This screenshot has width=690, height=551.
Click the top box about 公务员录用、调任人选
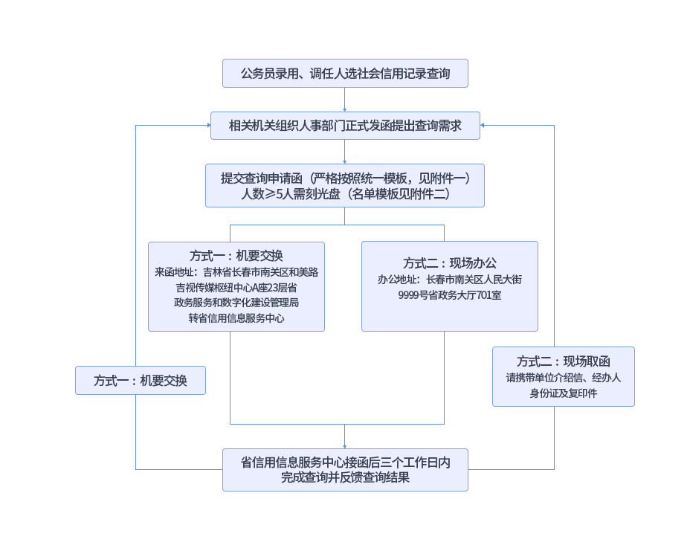tap(345, 74)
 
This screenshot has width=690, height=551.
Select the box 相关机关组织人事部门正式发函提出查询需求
tap(345, 126)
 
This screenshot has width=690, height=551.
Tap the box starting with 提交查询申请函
tap(345, 185)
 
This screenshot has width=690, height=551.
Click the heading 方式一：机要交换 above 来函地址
tap(236, 255)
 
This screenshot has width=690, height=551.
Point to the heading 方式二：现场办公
tap(449, 263)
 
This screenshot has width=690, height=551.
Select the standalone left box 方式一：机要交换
tap(140, 381)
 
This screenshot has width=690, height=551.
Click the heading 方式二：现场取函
tap(563, 361)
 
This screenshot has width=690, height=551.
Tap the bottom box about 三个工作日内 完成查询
tap(345, 469)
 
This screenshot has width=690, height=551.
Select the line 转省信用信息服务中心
tap(236, 318)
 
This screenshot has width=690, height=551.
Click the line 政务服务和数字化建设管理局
tap(236, 303)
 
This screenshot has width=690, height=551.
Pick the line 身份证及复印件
tap(563, 393)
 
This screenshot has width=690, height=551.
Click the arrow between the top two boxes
tap(345, 100)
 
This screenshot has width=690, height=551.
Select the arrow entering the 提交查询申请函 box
tap(345, 153)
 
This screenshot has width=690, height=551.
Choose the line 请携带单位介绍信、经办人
tap(563, 378)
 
